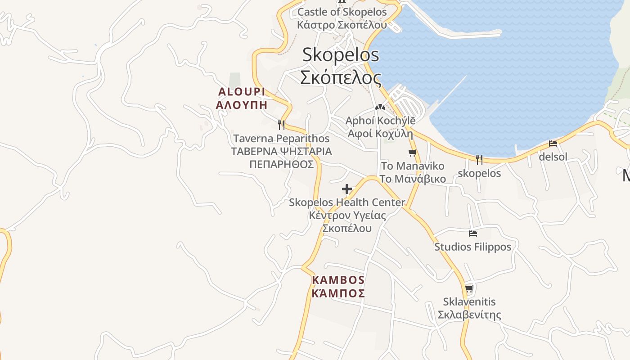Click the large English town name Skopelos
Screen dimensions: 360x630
tap(340, 55)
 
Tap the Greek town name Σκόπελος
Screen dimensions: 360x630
tap(340, 77)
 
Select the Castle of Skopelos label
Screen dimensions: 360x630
tap(342, 12)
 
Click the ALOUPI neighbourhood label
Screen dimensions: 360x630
tap(242, 92)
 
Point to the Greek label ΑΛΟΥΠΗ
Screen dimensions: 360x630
tap(242, 105)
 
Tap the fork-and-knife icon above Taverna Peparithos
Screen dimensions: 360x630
tap(281, 125)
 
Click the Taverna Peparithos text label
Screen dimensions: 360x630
tap(281, 139)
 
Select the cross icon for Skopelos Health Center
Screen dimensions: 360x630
tap(346, 189)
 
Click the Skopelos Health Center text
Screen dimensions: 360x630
tap(347, 202)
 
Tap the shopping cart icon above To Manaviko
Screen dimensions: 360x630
tap(412, 153)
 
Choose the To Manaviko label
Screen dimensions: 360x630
tap(412, 166)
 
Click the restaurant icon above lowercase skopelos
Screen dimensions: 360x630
tap(479, 159)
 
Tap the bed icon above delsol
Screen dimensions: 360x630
tap(553, 144)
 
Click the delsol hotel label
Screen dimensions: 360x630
tap(553, 157)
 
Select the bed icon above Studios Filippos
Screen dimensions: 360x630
tap(472, 233)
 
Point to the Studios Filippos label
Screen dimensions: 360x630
tap(472, 247)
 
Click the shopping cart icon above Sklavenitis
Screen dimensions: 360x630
tap(469, 288)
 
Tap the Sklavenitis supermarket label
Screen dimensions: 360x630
tap(469, 301)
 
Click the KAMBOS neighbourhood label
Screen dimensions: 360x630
tap(338, 280)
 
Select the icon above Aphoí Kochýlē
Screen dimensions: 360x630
tap(380, 107)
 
